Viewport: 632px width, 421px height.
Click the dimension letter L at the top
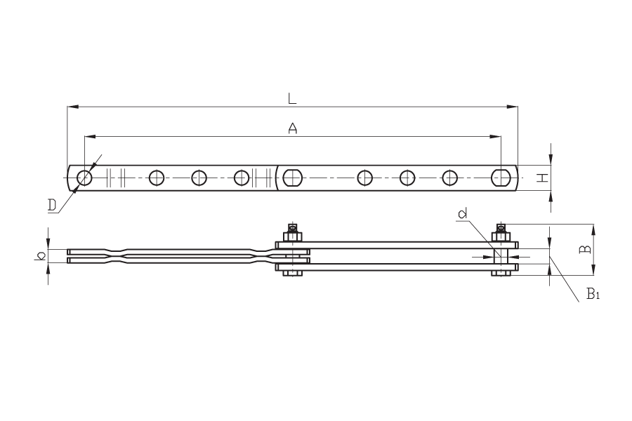[x=292, y=98]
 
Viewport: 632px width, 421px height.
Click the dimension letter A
[x=293, y=128]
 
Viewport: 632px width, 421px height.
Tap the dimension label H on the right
[x=544, y=178]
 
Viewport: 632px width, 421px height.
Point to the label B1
[x=593, y=294]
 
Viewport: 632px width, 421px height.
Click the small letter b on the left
[x=40, y=255]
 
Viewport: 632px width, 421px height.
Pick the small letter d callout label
[x=463, y=213]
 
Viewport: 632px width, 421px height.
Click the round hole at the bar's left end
[x=85, y=178]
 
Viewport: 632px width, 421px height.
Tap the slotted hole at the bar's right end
[x=501, y=178]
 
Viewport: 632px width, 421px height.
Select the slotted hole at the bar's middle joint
[x=293, y=178]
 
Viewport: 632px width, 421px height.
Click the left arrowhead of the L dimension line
[x=72, y=107]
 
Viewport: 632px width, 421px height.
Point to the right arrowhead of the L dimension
[x=513, y=107]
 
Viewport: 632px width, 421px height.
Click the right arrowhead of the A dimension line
[x=496, y=137]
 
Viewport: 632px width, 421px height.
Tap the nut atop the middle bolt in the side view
[x=293, y=236]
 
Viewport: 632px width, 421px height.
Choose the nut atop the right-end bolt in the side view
[x=501, y=236]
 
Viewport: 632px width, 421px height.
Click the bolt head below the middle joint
[x=293, y=273]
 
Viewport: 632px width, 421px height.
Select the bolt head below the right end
[x=501, y=273]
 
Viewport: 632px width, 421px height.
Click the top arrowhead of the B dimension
[x=593, y=229]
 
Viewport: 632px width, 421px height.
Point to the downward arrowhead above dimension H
[x=551, y=160]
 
